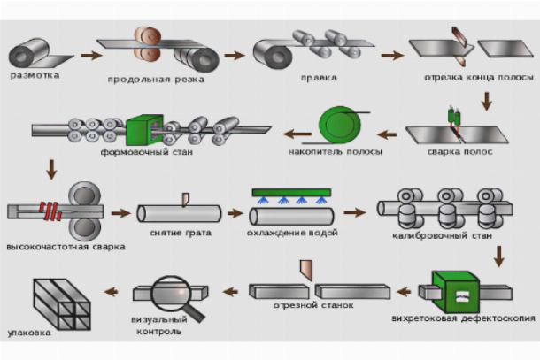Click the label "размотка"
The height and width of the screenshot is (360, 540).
[x=36, y=75]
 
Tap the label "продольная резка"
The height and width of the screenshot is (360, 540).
[x=157, y=79]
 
